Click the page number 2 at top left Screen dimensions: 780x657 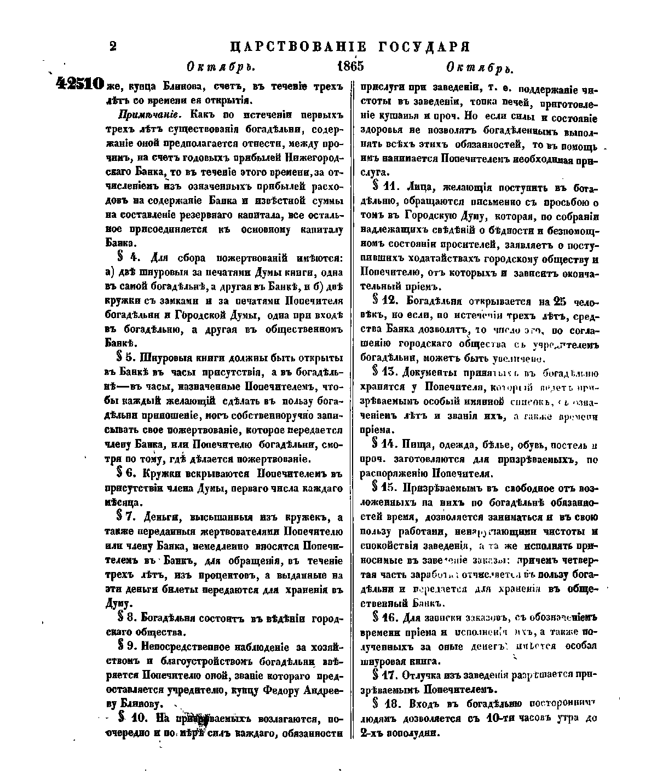[113, 46]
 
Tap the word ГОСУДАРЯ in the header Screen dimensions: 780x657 [425, 45]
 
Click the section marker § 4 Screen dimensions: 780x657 [126, 258]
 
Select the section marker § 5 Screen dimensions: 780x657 [126, 358]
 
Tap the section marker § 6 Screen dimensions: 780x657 [127, 473]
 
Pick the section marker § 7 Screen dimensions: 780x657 [127, 517]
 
